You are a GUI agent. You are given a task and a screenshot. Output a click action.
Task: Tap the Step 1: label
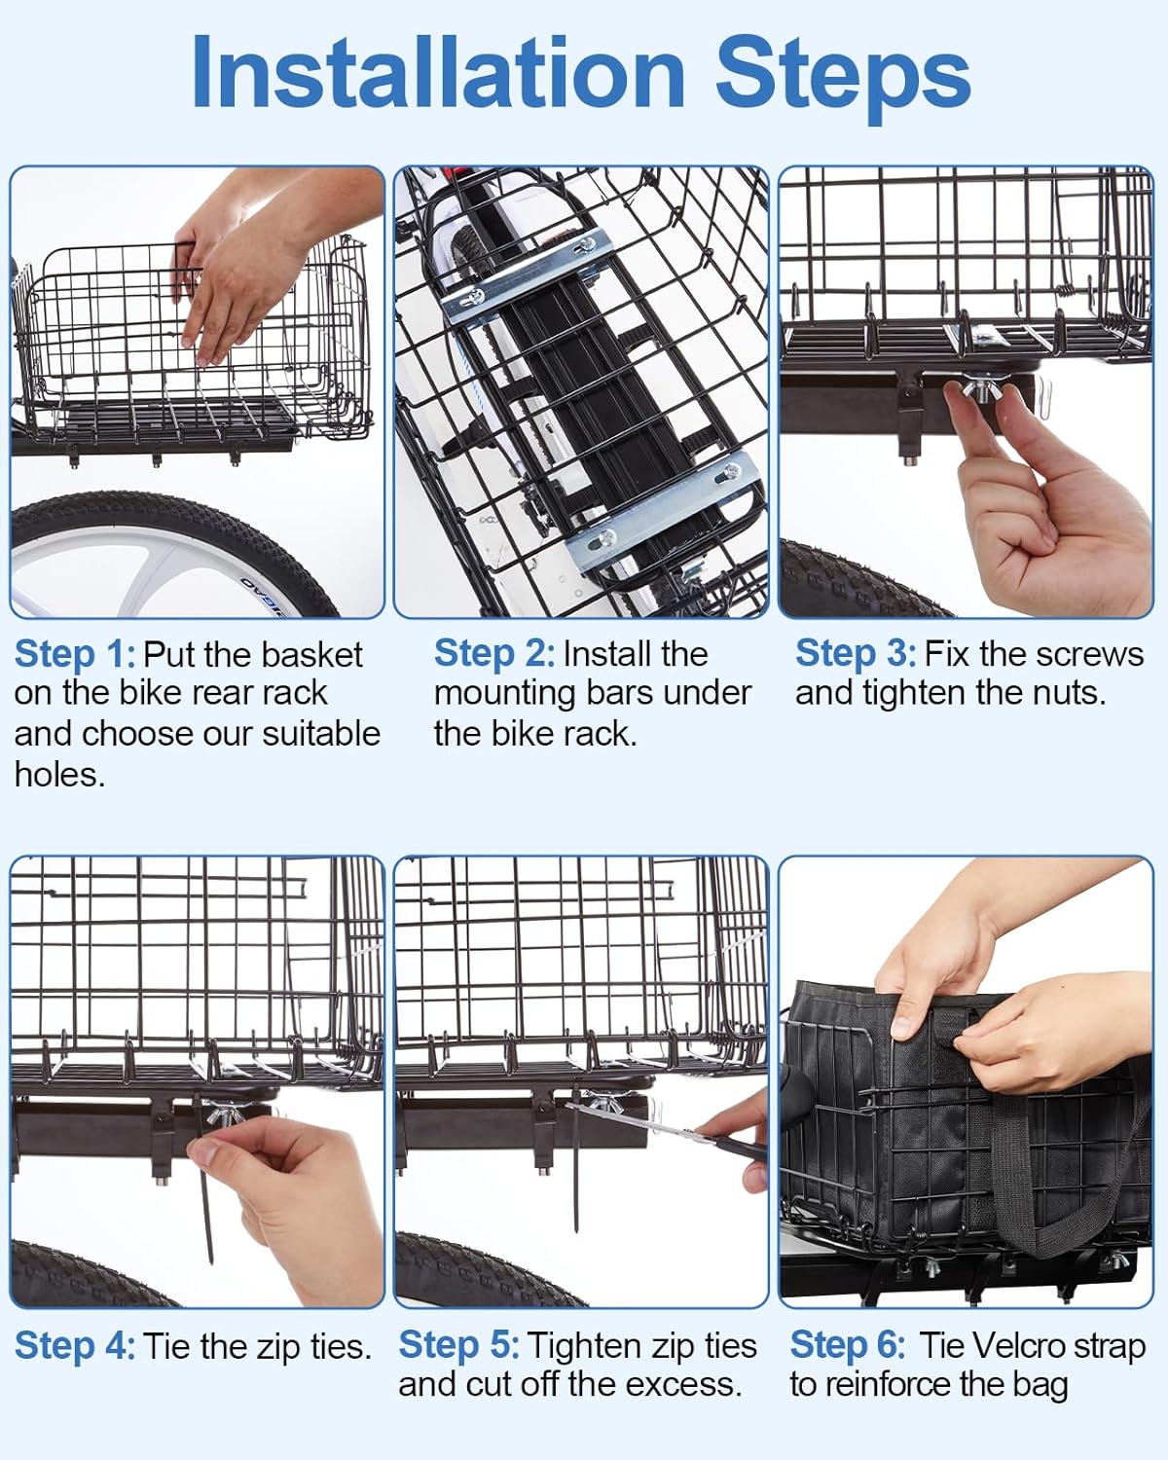click(x=74, y=654)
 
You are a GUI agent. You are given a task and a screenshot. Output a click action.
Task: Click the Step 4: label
click(x=74, y=1346)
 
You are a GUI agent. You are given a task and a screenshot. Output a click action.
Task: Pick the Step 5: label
click(x=458, y=1346)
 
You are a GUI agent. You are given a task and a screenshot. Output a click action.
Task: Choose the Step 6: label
click(x=847, y=1346)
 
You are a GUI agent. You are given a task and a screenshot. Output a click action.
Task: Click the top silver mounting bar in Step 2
click(x=516, y=282)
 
